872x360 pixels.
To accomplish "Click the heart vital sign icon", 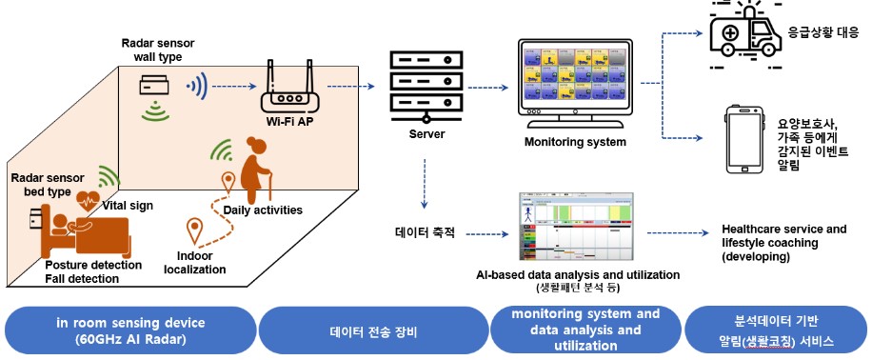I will (x=90, y=200).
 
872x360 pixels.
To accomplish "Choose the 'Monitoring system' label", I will (x=575, y=142).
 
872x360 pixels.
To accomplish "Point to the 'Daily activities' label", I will (x=263, y=210).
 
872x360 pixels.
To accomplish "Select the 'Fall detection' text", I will (x=82, y=279).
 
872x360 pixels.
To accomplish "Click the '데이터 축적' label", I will (x=426, y=231).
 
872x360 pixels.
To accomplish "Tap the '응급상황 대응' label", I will (x=824, y=30).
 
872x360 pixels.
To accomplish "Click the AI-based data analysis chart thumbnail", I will (x=576, y=227).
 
